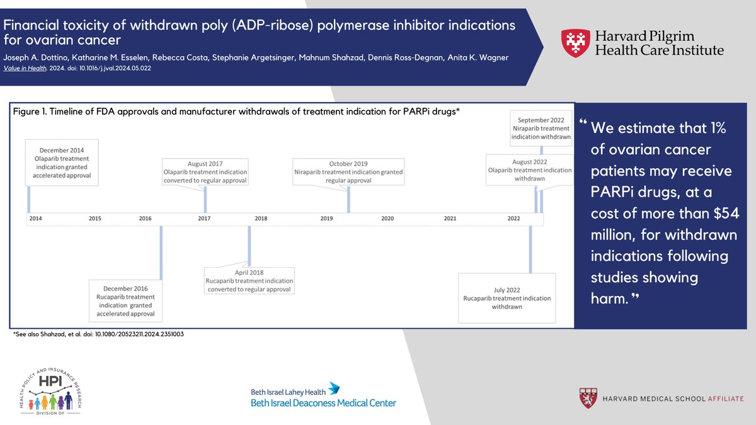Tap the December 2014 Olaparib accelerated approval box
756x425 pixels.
click(x=61, y=162)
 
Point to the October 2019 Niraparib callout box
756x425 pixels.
click(x=349, y=171)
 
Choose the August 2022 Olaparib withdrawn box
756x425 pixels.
click(x=530, y=170)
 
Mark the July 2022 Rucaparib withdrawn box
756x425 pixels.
click(x=507, y=298)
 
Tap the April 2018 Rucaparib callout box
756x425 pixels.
click(x=249, y=281)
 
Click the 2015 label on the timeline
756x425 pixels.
click(x=95, y=218)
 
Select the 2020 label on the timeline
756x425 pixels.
click(x=387, y=218)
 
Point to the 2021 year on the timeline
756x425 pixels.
click(x=450, y=218)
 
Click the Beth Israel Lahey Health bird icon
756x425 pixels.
click(x=335, y=388)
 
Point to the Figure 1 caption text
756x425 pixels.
click(x=232, y=111)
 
